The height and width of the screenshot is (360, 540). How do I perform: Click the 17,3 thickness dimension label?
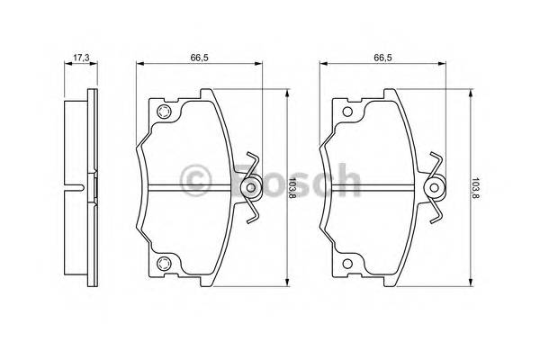80,58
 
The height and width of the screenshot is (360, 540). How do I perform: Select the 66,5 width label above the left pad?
200,58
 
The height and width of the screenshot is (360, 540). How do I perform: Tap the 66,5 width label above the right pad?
382,58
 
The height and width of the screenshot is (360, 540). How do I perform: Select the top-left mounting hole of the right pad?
346,112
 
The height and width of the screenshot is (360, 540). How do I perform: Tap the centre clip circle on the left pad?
251,188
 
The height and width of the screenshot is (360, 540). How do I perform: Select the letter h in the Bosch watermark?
346,179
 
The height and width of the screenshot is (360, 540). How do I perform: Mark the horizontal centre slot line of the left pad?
189,188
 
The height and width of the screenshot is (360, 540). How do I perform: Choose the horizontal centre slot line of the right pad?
373,188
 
